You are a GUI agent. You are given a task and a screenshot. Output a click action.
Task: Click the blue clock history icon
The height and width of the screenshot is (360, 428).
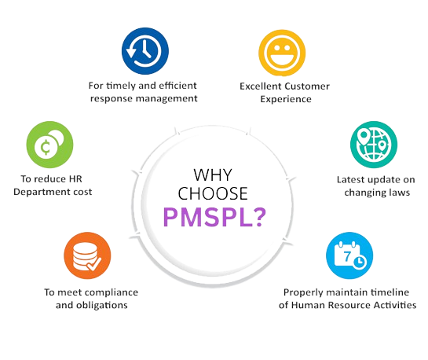point(145,51)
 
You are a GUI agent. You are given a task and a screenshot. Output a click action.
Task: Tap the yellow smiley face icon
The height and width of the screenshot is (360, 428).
point(282,53)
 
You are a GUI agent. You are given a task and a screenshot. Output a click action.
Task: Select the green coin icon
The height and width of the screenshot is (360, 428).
point(49,145)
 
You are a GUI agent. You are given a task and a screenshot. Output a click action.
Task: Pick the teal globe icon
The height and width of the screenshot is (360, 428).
point(374,145)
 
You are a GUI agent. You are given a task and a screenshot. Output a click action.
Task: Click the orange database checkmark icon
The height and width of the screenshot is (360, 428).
point(87,255)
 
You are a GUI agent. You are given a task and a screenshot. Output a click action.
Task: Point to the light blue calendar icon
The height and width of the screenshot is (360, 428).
point(349,255)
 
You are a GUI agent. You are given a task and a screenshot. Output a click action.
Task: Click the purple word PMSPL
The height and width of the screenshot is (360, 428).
point(209,217)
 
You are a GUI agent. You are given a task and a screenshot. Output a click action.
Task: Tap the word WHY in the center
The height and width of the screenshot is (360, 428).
point(213,174)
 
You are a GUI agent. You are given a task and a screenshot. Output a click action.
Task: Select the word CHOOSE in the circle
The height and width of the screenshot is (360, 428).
point(213,193)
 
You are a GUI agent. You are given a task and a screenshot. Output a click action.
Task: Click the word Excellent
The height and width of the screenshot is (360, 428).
point(261,86)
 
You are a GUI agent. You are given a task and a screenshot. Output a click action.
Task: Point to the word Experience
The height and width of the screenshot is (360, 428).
point(286,99)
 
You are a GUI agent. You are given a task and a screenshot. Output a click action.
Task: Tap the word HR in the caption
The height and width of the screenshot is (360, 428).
point(75,179)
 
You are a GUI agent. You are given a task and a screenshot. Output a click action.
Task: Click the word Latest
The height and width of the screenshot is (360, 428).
point(351,180)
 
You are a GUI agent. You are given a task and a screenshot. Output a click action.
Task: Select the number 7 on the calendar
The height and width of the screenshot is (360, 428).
point(347,256)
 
